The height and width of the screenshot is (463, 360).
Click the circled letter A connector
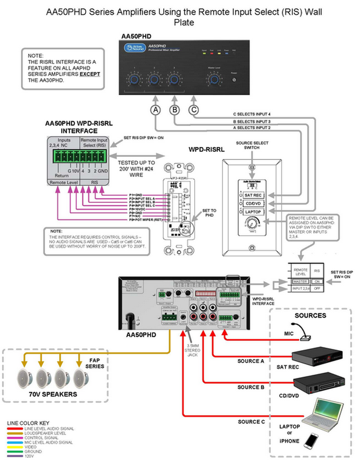[x=155, y=110]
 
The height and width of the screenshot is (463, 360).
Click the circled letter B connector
[x=175, y=110]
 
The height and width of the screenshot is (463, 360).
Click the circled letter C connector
[x=194, y=110]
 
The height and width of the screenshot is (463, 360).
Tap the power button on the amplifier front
[x=233, y=80]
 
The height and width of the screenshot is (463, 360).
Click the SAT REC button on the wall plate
[x=253, y=195]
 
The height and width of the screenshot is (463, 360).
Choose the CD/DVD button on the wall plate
[x=253, y=203]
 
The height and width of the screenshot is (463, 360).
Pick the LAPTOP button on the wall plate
[x=253, y=212]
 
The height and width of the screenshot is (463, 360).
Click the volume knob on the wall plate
[x=252, y=223]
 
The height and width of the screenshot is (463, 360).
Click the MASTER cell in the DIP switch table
[x=300, y=282]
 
